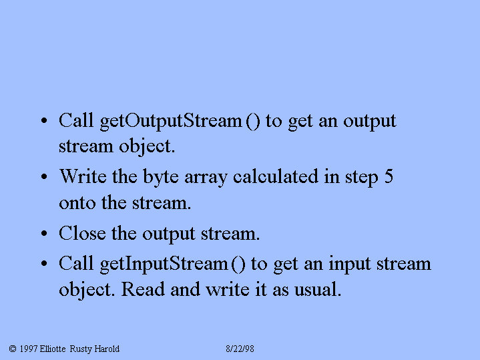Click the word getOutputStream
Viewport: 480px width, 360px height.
[171, 122]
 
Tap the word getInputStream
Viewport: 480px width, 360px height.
[164, 264]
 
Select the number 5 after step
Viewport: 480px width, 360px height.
[389, 176]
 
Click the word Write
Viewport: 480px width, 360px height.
[83, 176]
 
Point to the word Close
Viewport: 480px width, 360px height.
[82, 233]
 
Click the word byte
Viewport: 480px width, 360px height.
[161, 178]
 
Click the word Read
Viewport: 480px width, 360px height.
[143, 289]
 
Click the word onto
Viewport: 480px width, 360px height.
[77, 204]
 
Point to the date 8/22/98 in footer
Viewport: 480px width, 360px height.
[240, 349]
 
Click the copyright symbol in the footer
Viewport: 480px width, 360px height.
[13, 349]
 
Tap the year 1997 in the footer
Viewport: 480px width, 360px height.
[29, 349]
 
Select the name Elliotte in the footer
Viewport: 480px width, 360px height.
[53, 349]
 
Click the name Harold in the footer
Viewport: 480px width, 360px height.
[107, 349]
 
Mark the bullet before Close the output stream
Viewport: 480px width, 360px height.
[44, 234]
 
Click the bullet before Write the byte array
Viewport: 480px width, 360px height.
[44, 176]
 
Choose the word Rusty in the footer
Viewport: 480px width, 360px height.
[81, 349]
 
